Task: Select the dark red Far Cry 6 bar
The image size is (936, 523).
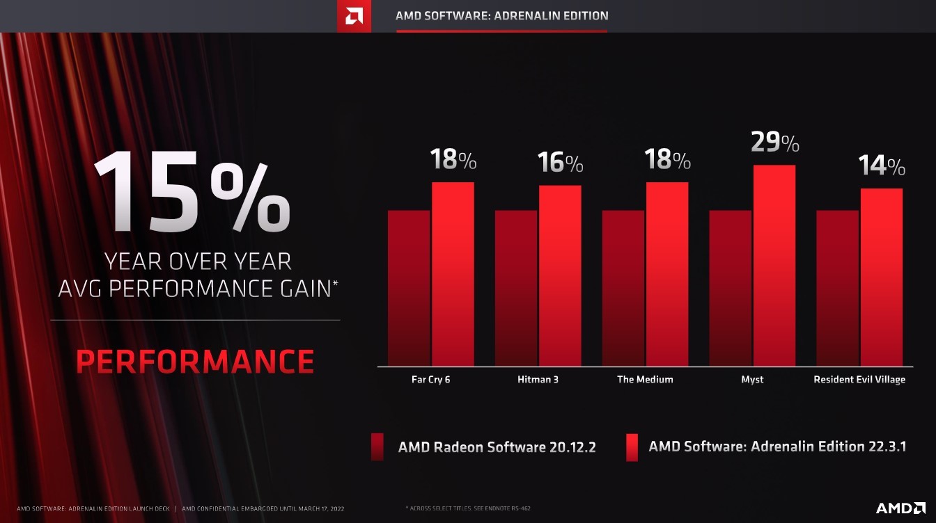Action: tap(409, 288)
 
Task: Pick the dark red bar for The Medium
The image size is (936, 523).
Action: tap(623, 288)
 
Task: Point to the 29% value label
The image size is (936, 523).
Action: tap(774, 143)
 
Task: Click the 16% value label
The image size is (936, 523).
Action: tap(560, 163)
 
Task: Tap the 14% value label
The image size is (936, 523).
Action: tap(881, 166)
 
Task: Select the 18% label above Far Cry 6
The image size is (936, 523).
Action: tap(453, 160)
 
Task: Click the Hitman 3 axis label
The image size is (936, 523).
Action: tap(538, 380)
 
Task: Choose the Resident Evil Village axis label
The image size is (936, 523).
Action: tap(859, 380)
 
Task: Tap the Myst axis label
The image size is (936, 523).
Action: tap(752, 380)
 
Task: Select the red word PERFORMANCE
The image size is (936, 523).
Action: tap(195, 362)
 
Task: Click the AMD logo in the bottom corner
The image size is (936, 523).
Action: tap(900, 508)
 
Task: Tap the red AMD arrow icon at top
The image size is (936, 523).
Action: tap(354, 16)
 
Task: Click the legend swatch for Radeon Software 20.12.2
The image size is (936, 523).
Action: tap(377, 447)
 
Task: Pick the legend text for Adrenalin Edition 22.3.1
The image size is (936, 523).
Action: tap(777, 446)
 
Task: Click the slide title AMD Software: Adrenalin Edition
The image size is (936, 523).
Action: tap(501, 15)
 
